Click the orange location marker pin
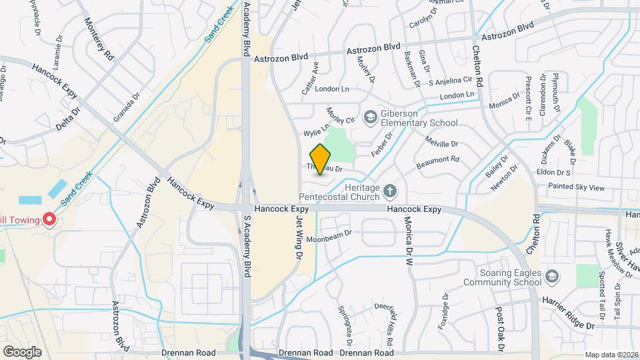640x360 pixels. click(x=321, y=159)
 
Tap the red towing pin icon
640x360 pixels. click(x=49, y=219)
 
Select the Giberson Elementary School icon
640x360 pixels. click(x=369, y=117)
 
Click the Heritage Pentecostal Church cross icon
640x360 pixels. click(x=390, y=192)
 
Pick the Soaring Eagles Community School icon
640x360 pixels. click(x=551, y=276)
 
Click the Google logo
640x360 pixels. click(x=21, y=351)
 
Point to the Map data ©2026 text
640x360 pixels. click(x=610, y=355)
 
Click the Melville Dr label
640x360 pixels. click(x=441, y=142)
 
